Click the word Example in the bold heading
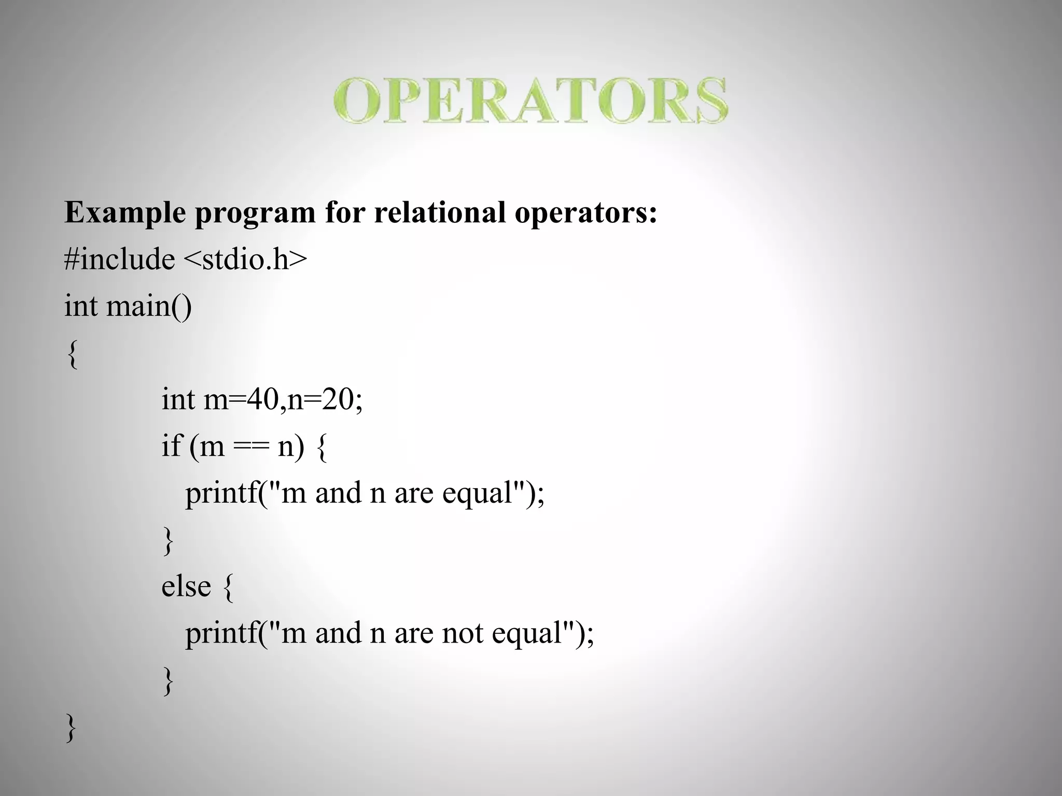coord(125,212)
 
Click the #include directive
coord(119,259)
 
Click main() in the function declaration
coord(149,306)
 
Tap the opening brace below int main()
coord(73,354)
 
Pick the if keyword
coord(172,446)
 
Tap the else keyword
coord(186,586)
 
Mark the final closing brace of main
coord(72,728)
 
